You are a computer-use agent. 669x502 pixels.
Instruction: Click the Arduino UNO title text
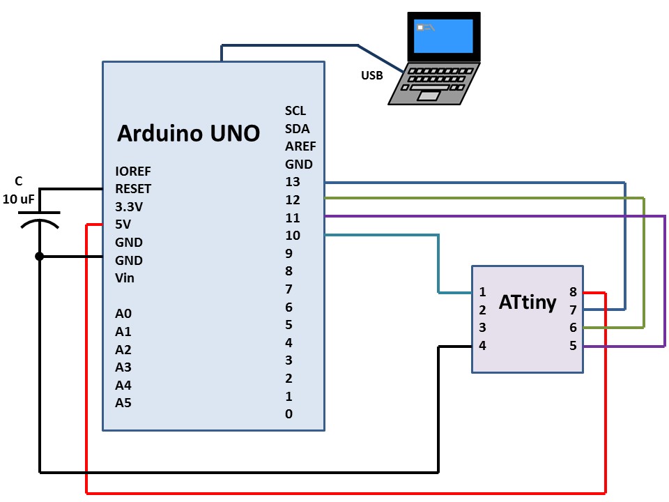188,133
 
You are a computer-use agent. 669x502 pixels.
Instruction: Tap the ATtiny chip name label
528,302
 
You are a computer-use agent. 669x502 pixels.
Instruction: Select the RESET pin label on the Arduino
133,189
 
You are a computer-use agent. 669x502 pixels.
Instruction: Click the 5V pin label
123,225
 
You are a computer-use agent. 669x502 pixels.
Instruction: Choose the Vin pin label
125,278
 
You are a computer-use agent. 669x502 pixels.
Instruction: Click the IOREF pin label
133,171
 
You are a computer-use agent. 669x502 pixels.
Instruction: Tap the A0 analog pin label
123,314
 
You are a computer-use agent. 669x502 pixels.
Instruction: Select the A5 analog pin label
123,402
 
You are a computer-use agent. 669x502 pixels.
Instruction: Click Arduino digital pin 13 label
293,183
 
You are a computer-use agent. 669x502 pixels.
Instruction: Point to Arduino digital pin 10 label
293,236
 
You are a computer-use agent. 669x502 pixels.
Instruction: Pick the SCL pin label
295,111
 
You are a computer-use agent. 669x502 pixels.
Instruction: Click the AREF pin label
300,146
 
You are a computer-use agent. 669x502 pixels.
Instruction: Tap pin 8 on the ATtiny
573,293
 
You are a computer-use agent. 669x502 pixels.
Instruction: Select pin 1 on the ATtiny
482,293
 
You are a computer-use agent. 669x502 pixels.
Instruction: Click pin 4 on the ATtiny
482,346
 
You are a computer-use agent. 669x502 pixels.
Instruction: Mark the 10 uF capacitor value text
19,199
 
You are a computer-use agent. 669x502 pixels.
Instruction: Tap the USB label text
371,76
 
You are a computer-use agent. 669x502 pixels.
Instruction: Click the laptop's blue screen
443,36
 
